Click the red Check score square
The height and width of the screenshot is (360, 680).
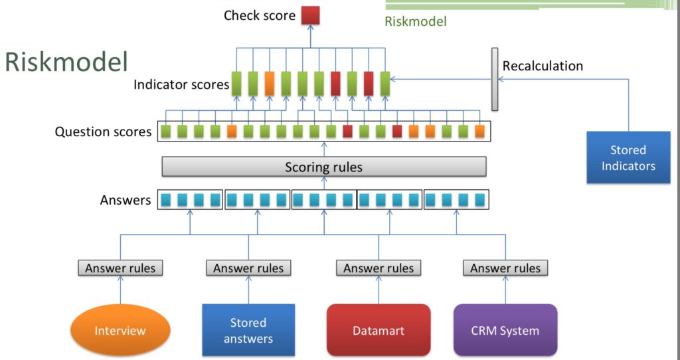[311, 15]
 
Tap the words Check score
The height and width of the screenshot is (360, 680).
[260, 16]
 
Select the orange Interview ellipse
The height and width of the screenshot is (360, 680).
[120, 331]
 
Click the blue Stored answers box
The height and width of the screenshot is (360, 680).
[248, 330]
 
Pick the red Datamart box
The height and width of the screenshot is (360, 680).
[379, 330]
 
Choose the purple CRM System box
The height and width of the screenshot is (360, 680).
[505, 330]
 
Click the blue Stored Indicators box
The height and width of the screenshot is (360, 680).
[628, 157]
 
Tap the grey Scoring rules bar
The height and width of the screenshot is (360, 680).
[324, 167]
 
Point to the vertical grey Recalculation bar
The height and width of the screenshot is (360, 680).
[495, 80]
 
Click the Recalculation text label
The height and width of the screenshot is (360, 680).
[543, 66]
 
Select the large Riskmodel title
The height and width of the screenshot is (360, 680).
[66, 61]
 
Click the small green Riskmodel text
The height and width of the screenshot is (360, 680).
[416, 21]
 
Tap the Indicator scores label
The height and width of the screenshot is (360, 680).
[181, 84]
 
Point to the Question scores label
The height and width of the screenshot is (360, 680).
[103, 132]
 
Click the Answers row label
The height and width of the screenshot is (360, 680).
[126, 200]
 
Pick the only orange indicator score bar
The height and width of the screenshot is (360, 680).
[270, 84]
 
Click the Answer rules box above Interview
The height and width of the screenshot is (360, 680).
[120, 268]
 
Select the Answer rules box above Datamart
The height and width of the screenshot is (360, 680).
[379, 268]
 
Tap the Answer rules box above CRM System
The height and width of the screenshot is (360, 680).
[505, 268]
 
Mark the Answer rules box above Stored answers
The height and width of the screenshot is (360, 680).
[248, 268]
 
